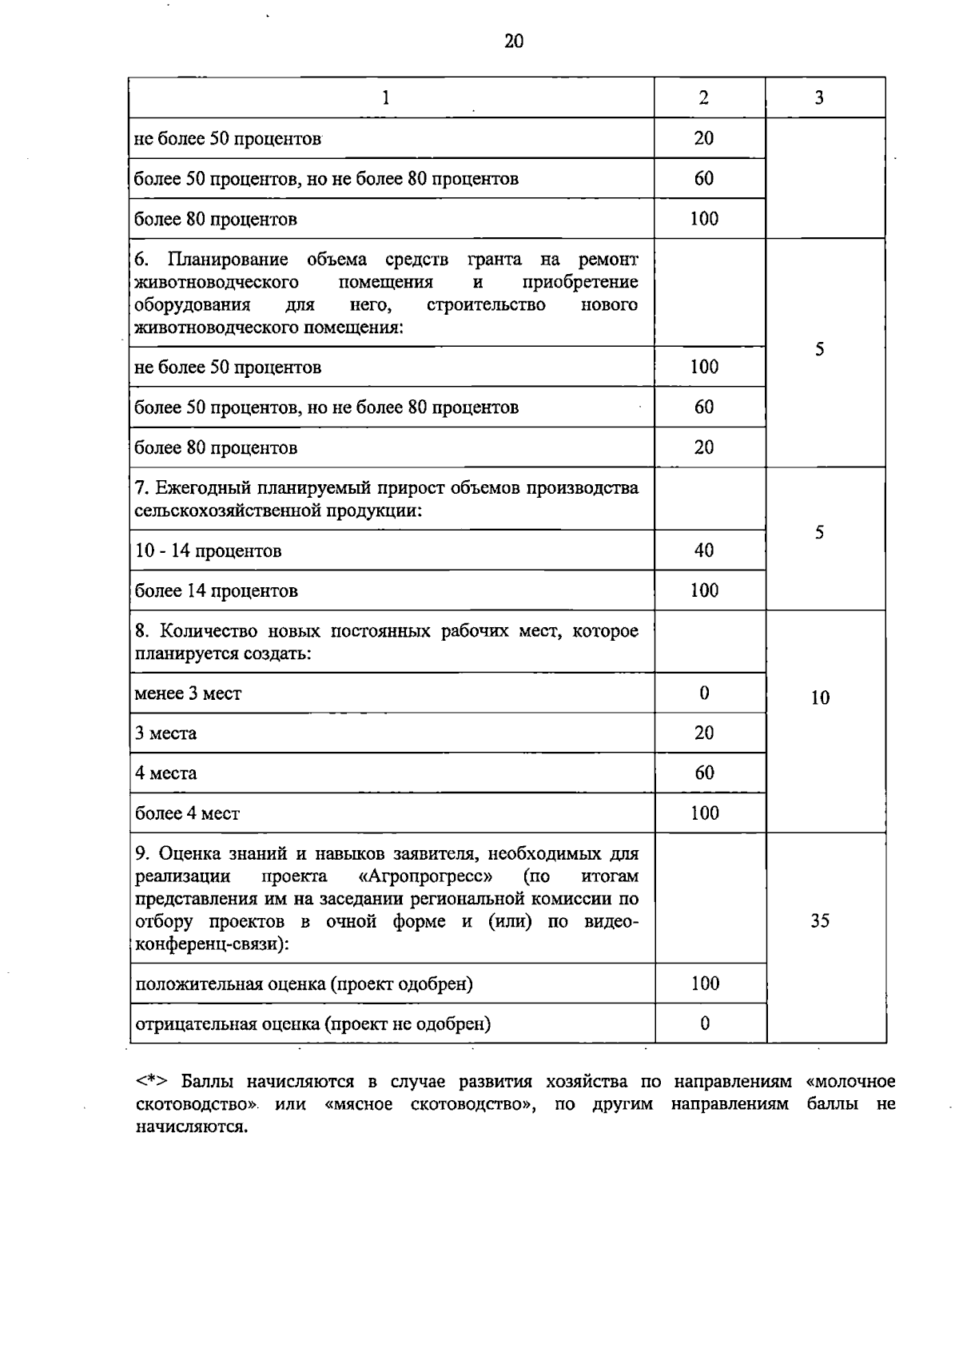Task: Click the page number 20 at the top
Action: tap(514, 42)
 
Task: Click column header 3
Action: tap(819, 98)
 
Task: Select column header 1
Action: tap(386, 98)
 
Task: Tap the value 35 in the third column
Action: tap(820, 921)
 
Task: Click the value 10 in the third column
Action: tap(820, 698)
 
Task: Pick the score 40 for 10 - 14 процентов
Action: tap(704, 550)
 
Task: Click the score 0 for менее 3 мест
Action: tap(704, 693)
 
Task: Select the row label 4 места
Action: tap(165, 773)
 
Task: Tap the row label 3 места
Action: tap(165, 733)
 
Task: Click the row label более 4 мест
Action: tap(187, 813)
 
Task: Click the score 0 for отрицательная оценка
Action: tap(705, 1023)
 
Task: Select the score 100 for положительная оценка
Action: tap(705, 983)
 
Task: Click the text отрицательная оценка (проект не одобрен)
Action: tap(312, 1024)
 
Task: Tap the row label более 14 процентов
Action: tap(216, 591)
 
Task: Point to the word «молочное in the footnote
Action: tap(850, 1082)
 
